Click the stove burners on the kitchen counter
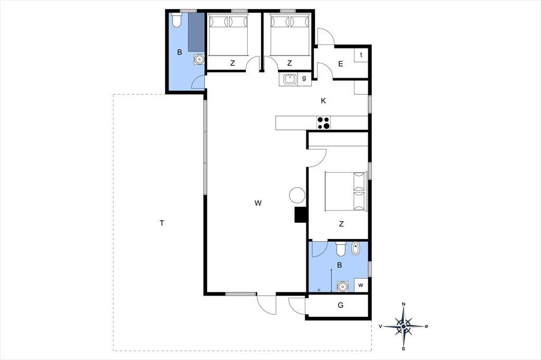324,123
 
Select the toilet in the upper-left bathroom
176,21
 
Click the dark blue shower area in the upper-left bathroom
197,33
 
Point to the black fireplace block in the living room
301,215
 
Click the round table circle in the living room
297,195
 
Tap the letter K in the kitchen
323,101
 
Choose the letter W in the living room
258,203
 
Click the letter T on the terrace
162,223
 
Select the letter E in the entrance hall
341,64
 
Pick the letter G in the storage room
341,305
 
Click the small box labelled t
361,55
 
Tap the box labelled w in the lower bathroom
361,285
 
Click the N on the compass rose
404,304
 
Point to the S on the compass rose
403,348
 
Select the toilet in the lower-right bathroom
341,249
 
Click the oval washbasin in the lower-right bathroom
355,249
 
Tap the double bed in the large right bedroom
346,191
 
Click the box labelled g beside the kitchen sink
304,79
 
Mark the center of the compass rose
404,326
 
